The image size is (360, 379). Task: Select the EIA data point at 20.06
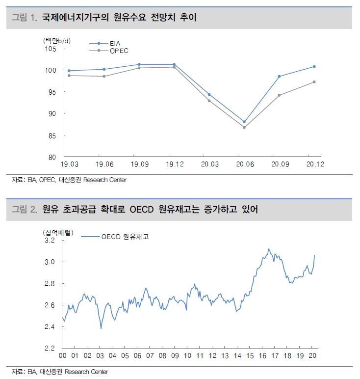[x=244, y=122]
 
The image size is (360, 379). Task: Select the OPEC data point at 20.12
[x=314, y=82]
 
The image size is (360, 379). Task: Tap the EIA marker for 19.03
[x=69, y=71]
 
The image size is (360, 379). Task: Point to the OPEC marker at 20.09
[x=279, y=95]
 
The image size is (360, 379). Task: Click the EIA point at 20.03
[x=209, y=94]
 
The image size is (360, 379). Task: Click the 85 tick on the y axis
[x=52, y=135]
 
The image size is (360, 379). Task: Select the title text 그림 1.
[x=25, y=18]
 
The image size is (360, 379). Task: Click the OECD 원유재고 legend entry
[x=125, y=237]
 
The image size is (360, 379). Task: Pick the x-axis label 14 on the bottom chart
[x=238, y=356]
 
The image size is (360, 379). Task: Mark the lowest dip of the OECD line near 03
[x=101, y=328]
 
